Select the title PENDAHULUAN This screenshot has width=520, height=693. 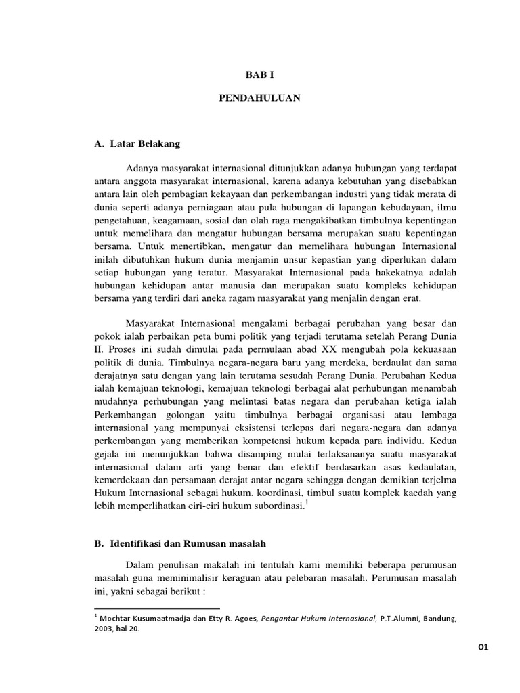click(259, 98)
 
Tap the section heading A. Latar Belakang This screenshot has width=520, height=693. click(137, 143)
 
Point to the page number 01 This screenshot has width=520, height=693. click(483, 647)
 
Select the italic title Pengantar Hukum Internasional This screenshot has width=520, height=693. click(318, 618)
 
